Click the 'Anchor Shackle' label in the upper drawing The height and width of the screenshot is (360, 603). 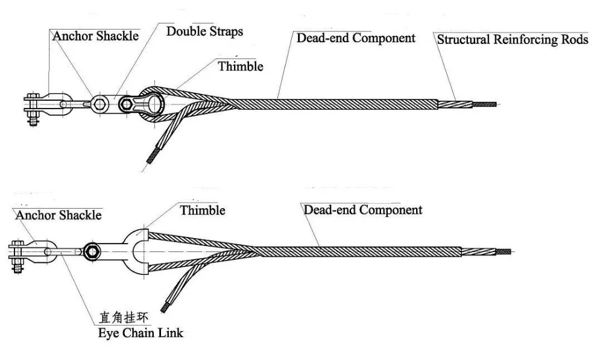coord(95,36)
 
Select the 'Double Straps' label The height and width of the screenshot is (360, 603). coord(204,31)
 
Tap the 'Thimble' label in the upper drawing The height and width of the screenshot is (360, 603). coord(241,66)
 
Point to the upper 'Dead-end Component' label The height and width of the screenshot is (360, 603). coord(356,38)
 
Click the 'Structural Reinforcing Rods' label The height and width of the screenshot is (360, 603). coord(513,40)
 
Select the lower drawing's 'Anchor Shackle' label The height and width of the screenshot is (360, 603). coord(59,215)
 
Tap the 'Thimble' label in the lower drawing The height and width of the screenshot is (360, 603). coord(203,210)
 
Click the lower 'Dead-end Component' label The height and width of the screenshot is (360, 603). coord(362,210)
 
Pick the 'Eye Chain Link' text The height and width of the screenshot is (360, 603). coord(141,332)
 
